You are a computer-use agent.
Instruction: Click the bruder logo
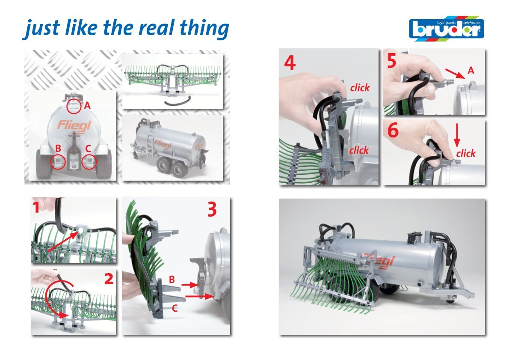point(447,29)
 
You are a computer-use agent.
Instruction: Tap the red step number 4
point(290,63)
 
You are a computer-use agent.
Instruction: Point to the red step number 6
point(393,130)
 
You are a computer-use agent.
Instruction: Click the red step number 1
point(36,207)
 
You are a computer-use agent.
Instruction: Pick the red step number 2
point(109,278)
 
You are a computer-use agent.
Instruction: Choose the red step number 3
point(212,209)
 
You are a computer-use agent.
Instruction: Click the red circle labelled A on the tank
point(74,106)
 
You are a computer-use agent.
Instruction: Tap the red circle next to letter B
point(58,161)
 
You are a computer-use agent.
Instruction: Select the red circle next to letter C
point(89,161)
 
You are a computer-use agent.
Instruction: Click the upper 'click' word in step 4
point(360,87)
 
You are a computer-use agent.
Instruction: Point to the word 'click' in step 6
point(466,153)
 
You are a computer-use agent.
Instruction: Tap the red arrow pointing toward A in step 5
point(455,74)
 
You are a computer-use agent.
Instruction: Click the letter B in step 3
point(172,279)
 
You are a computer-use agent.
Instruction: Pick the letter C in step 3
point(175,308)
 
